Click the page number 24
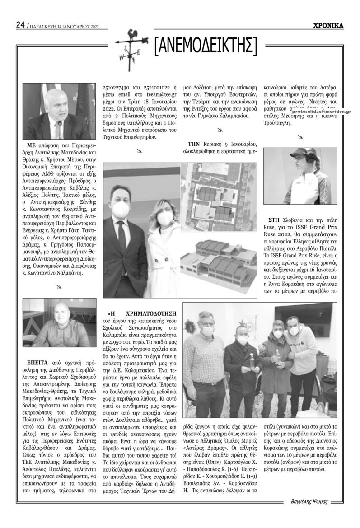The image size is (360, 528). (x=20, y=25)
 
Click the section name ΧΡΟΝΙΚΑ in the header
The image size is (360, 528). (x=328, y=26)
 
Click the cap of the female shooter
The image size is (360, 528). (x=302, y=152)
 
